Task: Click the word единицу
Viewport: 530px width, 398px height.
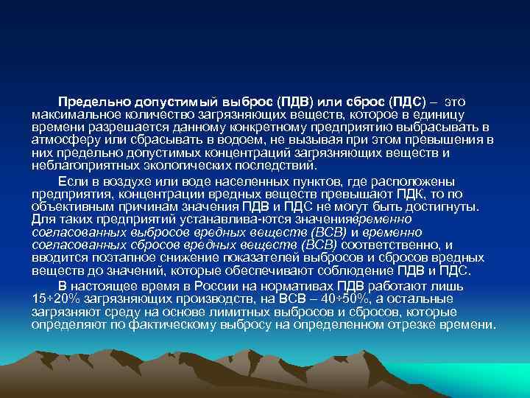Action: (459, 114)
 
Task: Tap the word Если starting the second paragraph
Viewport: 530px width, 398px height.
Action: (73, 181)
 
